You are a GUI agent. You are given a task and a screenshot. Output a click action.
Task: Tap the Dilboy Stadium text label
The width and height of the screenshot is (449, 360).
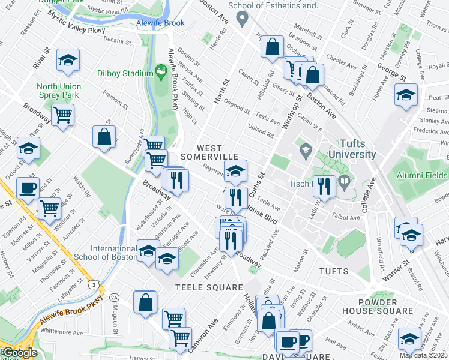coord(126,73)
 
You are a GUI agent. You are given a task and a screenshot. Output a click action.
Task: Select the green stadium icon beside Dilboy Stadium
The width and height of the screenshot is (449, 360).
coord(161,73)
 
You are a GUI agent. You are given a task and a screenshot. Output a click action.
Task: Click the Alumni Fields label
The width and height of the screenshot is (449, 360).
coord(423,175)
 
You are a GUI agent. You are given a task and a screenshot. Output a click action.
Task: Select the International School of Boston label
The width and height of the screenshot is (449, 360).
coord(114,253)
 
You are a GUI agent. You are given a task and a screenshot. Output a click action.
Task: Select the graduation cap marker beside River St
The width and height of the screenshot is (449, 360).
coord(68,59)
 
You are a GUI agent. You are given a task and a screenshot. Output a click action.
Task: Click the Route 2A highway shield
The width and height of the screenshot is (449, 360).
coord(115,297)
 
